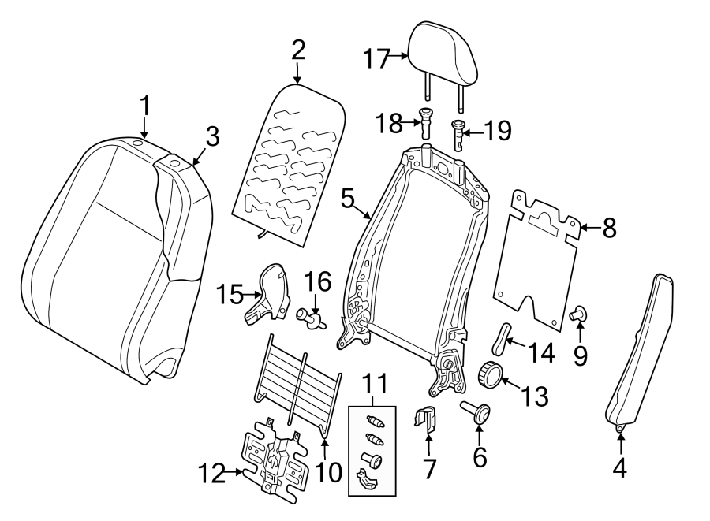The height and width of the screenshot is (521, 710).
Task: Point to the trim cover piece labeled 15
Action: click(x=266, y=296)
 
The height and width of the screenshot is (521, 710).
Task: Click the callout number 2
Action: click(x=297, y=50)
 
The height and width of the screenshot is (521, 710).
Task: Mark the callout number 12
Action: click(x=209, y=473)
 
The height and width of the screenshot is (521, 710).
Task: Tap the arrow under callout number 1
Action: click(x=144, y=126)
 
